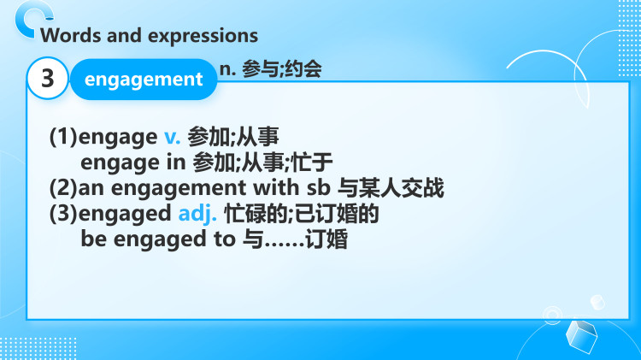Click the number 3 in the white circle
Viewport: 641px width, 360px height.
(x=48, y=80)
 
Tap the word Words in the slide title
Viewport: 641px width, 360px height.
(x=67, y=35)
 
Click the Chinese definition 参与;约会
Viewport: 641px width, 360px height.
(x=282, y=69)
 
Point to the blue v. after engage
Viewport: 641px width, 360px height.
(x=172, y=135)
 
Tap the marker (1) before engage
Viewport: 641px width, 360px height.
(x=62, y=135)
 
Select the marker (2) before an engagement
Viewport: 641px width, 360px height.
(x=62, y=187)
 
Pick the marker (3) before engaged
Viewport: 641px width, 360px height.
(x=62, y=214)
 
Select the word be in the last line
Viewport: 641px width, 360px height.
(x=92, y=239)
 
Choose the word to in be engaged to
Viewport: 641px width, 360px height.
(x=221, y=239)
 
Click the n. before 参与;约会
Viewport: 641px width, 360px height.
(x=228, y=69)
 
